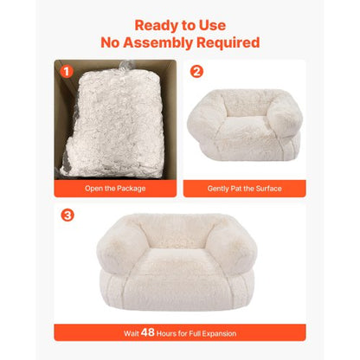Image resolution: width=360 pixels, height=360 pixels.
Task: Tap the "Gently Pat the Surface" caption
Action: [x=244, y=188]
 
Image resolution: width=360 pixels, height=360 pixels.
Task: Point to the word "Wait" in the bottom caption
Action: [x=131, y=333]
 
